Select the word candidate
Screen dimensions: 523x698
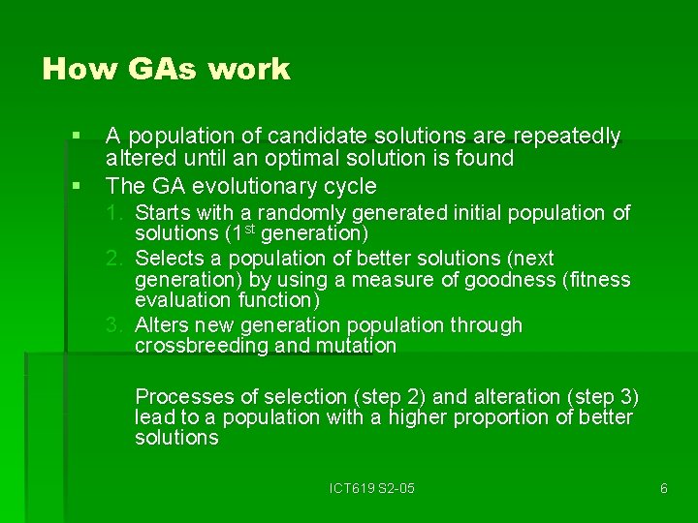point(316,137)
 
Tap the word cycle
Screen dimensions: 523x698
point(350,185)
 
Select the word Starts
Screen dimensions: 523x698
point(161,213)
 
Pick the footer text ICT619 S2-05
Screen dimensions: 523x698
point(372,488)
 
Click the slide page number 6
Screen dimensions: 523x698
point(663,488)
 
